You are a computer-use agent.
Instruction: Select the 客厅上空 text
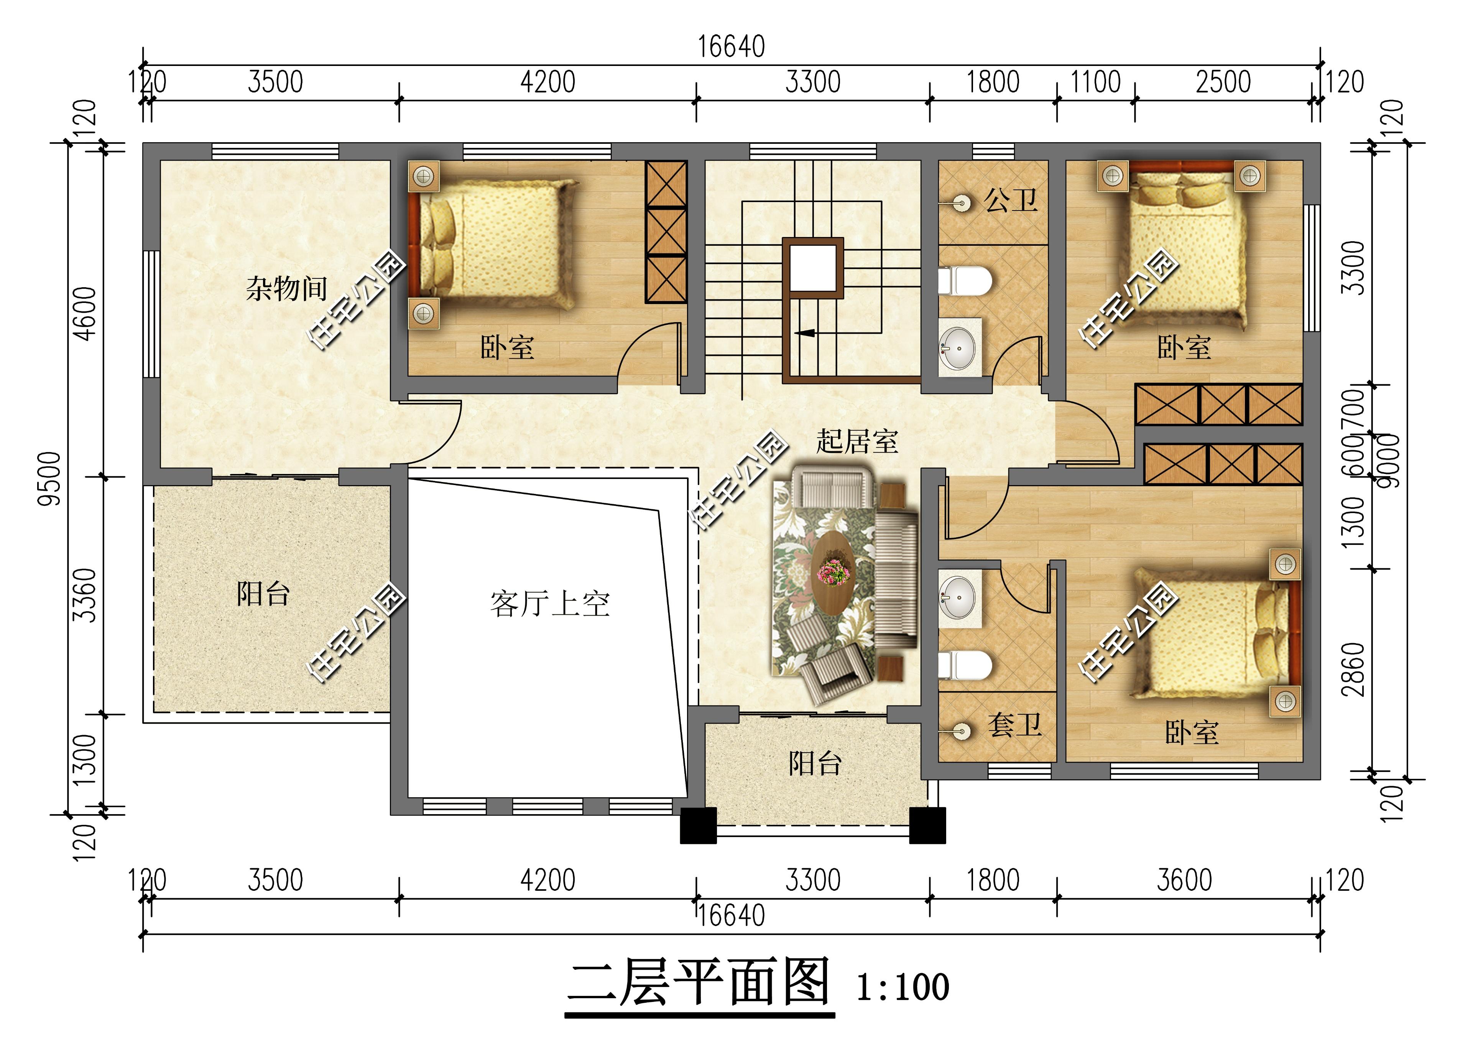pyautogui.click(x=550, y=604)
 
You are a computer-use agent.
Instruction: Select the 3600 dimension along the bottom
pyautogui.click(x=1184, y=880)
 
